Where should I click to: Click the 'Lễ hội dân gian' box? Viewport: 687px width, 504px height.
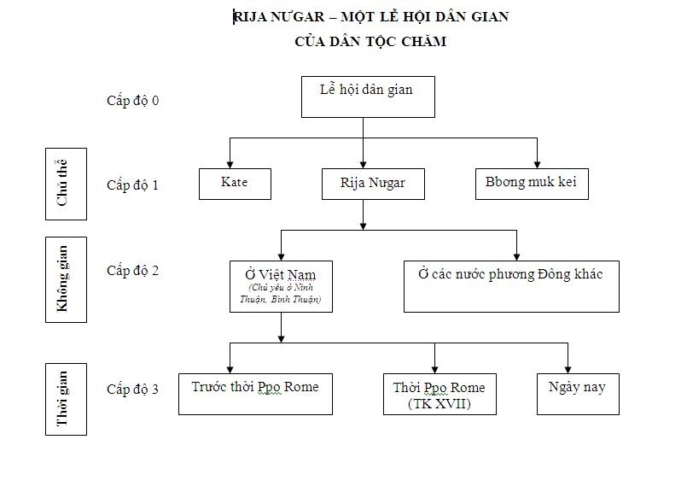368,97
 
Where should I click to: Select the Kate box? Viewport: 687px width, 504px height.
234,184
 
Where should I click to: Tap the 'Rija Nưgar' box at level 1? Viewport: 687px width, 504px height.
373,184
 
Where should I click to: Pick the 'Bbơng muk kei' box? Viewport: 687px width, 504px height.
531,184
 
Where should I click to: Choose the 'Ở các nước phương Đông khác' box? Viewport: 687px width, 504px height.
510,286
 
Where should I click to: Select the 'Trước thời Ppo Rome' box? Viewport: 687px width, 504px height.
255,393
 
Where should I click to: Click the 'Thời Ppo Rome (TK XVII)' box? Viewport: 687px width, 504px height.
439,394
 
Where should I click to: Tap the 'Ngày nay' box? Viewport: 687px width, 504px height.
577,393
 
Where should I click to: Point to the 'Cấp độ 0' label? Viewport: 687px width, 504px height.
132,101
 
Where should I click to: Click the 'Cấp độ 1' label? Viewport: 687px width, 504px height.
132,185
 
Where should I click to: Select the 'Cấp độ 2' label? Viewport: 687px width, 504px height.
132,271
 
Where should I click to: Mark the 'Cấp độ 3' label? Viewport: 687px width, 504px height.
132,390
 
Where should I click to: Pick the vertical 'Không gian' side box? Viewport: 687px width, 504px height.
66,279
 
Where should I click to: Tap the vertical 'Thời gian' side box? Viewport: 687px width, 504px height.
66,398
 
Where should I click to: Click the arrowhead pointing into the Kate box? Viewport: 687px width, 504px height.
229,164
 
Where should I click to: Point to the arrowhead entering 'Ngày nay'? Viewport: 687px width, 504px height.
567,368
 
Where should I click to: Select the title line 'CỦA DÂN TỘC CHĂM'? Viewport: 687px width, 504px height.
370,41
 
